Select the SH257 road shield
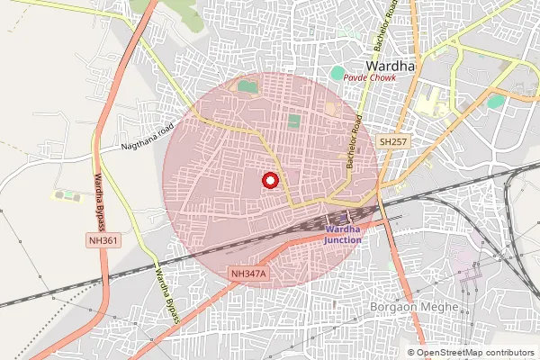393,142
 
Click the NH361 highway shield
103,241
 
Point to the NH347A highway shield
249,273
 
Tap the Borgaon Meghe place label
415,307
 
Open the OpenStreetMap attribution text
470,352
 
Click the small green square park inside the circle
293,121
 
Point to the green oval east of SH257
495,101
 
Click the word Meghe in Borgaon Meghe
438,307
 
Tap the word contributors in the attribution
507,352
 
